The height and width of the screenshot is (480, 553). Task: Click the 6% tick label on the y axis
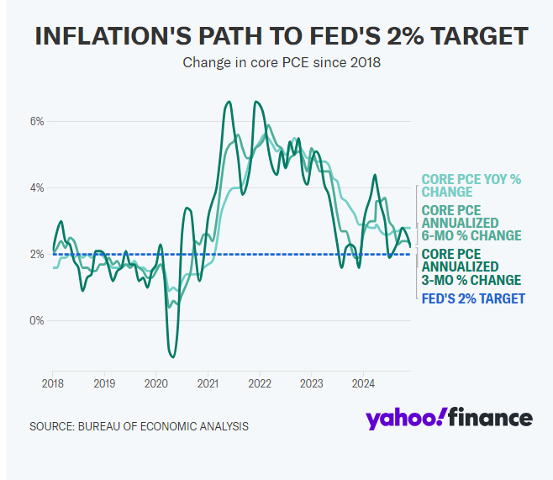(37, 122)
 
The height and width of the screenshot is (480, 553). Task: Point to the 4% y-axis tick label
(37, 188)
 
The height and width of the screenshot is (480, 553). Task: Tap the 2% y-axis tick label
(37, 254)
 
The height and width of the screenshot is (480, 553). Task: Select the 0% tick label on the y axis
(37, 320)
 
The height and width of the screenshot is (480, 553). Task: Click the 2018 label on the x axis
(52, 383)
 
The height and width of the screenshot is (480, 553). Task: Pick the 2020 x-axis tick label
(155, 383)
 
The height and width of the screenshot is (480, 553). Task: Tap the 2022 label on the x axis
(259, 383)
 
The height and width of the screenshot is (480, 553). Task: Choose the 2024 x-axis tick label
(362, 383)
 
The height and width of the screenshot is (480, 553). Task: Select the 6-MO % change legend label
(471, 223)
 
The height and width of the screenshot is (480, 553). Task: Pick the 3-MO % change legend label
(471, 266)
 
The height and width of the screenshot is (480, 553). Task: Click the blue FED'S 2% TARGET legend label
(472, 298)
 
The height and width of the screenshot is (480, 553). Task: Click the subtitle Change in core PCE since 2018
(282, 63)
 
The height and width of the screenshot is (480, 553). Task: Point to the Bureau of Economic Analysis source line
(139, 426)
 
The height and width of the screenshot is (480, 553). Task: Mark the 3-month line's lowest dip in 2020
(173, 356)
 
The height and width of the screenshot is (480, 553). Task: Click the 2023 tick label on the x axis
(311, 383)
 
